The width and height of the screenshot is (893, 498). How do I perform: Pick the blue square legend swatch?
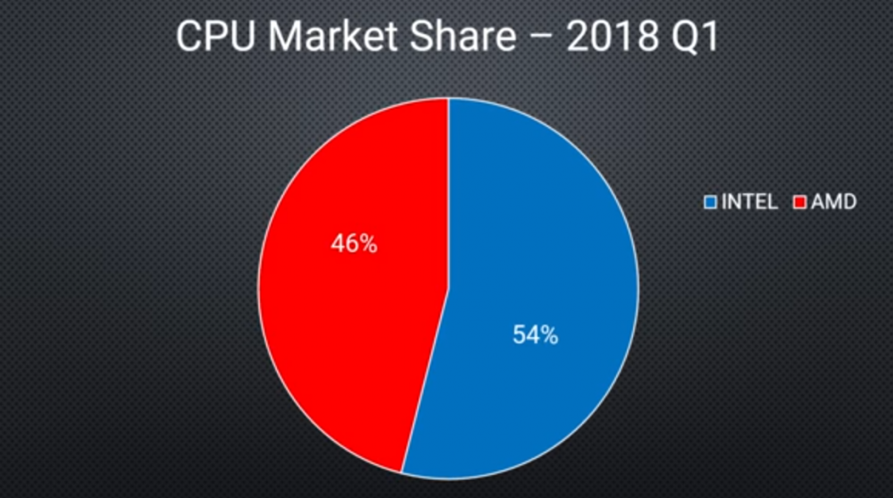[x=711, y=202]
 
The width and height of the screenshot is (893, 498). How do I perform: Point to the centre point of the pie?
[x=448, y=286]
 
